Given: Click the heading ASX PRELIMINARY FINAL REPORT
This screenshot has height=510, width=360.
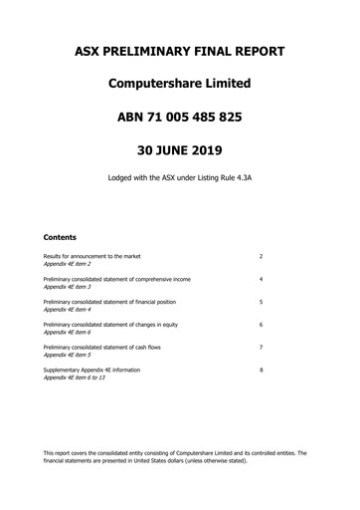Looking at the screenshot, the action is point(180,51).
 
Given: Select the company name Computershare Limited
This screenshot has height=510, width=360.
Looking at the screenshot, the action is point(180,85).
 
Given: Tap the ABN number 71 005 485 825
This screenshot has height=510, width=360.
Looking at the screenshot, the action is point(180,118).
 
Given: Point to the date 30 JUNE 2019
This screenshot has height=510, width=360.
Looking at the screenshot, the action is point(180,151).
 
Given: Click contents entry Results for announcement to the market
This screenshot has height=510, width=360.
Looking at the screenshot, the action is point(91,256).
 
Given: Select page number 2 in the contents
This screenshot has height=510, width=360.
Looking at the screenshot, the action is point(261,256).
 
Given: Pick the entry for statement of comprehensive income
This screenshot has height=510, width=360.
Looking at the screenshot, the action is point(117,279).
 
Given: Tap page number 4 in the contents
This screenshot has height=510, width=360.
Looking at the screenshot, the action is point(261,279).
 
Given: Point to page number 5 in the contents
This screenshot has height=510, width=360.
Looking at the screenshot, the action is point(261,302).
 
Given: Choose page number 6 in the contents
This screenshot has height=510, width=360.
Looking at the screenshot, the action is point(261,325).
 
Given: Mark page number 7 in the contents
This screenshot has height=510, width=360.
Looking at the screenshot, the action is point(261,347).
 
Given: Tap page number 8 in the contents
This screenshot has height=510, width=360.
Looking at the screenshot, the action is point(261,370).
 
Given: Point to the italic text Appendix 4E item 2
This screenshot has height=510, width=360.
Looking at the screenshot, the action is point(68,263).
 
